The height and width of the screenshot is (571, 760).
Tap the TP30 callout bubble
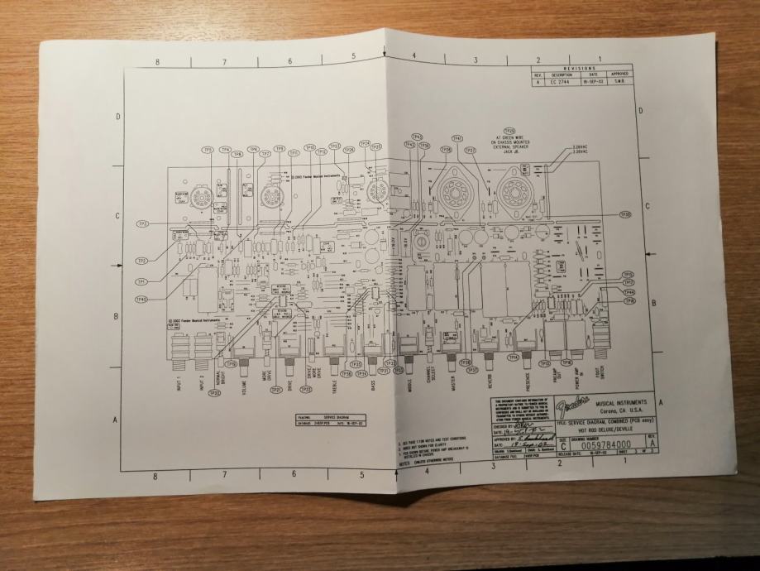[625, 214]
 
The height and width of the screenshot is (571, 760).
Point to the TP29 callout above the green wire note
[509, 131]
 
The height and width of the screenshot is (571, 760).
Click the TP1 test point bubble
[141, 281]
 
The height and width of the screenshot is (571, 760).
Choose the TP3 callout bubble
[143, 224]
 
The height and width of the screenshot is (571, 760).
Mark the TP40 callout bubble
[141, 299]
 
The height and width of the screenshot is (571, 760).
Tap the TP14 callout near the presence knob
[514, 357]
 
